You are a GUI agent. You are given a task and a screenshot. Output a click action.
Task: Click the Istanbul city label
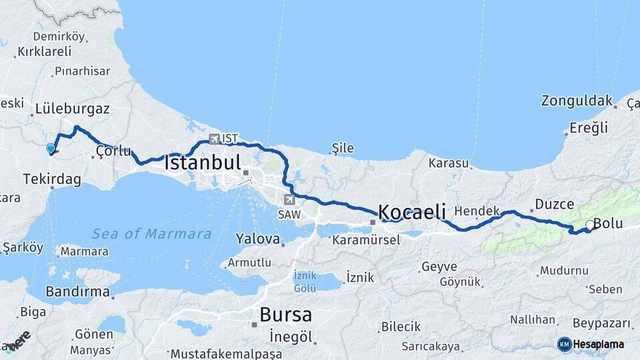pos(202,163)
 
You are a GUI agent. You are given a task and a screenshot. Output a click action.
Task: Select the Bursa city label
pos(285,314)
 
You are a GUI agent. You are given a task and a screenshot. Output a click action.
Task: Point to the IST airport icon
pos(214,139)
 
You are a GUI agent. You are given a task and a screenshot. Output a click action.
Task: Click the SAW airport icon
pos(289,199)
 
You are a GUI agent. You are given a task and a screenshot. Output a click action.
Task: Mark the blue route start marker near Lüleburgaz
pos(51,148)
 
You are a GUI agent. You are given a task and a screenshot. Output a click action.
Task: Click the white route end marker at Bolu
pos(589,225)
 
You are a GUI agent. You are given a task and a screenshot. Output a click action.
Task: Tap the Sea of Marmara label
pos(151,234)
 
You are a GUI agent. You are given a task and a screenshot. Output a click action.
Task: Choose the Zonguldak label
pos(577,101)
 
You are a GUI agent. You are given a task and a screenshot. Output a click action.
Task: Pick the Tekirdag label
pos(51,179)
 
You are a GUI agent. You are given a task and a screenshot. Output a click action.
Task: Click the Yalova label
pos(257,239)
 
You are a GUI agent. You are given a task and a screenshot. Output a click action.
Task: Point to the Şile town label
pos(343,148)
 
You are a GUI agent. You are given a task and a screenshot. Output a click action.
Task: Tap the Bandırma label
pos(77,291)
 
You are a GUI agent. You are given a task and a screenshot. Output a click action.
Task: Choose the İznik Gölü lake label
pos(305,281)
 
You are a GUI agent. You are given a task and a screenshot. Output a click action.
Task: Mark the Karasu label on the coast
pos(449,163)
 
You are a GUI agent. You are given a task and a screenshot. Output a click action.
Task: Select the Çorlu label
pos(113,151)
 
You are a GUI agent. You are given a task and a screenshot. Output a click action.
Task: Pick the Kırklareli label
pos(44,51)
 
